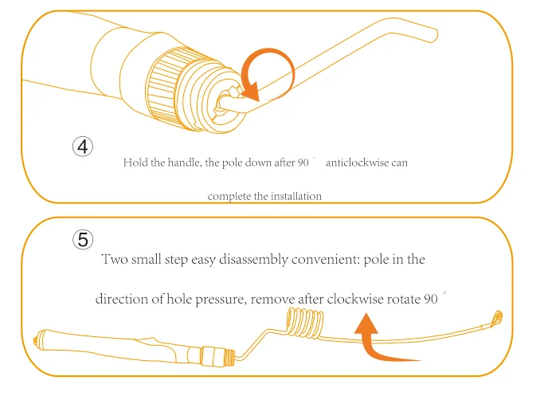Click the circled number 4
click(x=83, y=147)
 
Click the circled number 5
click(x=83, y=240)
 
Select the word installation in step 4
click(x=296, y=196)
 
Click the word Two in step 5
click(x=115, y=259)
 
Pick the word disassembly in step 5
click(x=253, y=260)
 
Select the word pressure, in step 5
click(x=221, y=299)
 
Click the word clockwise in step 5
click(x=355, y=299)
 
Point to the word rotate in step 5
click(x=403, y=299)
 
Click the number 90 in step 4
click(x=303, y=163)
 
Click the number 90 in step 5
click(x=430, y=299)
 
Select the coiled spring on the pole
click(x=305, y=322)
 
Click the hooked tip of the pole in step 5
click(x=498, y=317)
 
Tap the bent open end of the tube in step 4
click(x=435, y=35)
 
